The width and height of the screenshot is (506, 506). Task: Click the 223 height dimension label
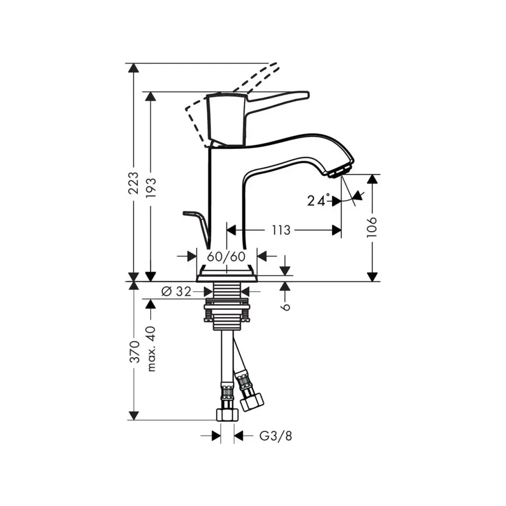click(133, 183)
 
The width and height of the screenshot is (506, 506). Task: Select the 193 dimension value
click(151, 187)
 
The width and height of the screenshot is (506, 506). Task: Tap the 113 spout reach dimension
click(281, 230)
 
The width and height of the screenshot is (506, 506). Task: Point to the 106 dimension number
click(372, 227)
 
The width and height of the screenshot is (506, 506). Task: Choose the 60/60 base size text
click(226, 256)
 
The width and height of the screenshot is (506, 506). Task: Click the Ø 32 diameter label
click(176, 292)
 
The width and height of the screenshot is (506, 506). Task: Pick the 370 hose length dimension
click(134, 351)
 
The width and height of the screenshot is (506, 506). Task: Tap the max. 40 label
click(151, 349)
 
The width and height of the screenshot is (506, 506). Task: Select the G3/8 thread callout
click(276, 436)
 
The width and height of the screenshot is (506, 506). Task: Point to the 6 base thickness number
click(286, 306)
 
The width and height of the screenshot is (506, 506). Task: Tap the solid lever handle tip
click(305, 95)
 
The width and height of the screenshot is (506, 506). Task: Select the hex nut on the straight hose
click(227, 414)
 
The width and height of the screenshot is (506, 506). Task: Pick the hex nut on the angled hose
click(253, 402)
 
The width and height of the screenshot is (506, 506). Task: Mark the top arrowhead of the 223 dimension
click(133, 68)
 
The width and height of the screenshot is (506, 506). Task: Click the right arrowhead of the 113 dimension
click(337, 230)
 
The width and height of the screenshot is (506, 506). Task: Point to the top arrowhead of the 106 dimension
click(373, 179)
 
